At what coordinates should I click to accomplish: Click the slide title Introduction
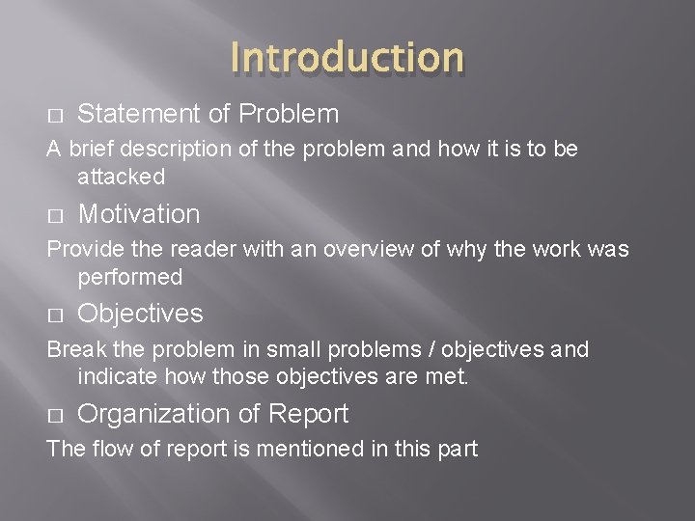[x=347, y=57]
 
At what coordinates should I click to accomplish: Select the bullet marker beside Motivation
[x=54, y=215]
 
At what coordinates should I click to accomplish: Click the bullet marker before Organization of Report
[x=54, y=415]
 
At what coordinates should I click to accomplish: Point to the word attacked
[x=122, y=177]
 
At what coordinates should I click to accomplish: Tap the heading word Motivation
[x=139, y=214]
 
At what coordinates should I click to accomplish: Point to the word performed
[x=130, y=277]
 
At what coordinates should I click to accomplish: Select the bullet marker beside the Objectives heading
[x=54, y=315]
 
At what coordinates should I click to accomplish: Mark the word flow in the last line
[x=100, y=449]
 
